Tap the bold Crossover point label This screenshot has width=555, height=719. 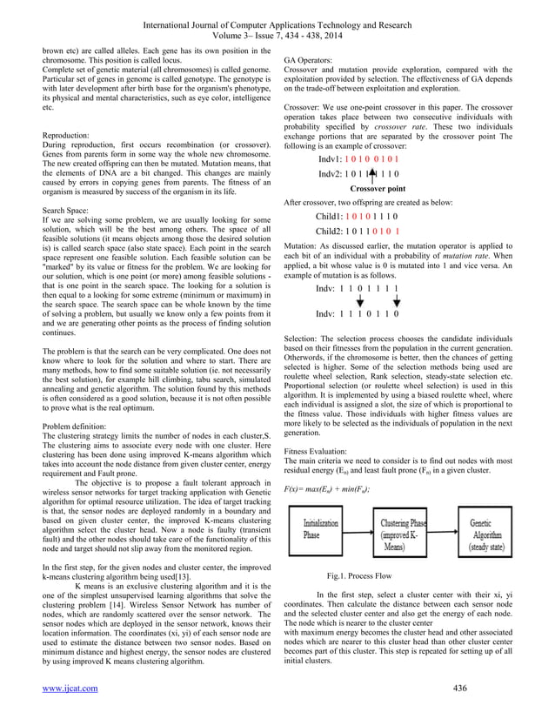[377, 188]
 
